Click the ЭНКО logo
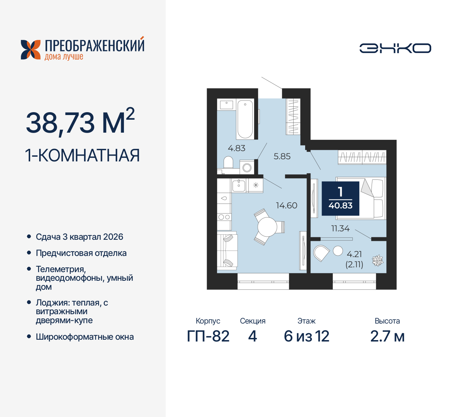tap(395, 48)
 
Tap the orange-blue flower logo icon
tap(31, 50)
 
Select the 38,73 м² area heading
tap(80, 122)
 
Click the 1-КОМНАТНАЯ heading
tap(82, 155)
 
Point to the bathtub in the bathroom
tap(245, 119)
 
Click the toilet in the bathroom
tap(228, 162)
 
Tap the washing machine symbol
tap(247, 168)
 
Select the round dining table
tap(267, 227)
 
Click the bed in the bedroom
tap(361, 198)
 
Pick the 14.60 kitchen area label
tap(286, 205)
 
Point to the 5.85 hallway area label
tap(282, 156)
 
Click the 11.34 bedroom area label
tap(340, 228)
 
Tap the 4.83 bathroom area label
tap(236, 148)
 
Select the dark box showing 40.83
tap(340, 198)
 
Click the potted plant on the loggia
tap(377, 260)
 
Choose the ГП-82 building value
tap(208, 336)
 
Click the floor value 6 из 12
tap(306, 336)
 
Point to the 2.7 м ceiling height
tap(387, 336)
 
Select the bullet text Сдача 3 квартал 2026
tap(79, 237)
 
